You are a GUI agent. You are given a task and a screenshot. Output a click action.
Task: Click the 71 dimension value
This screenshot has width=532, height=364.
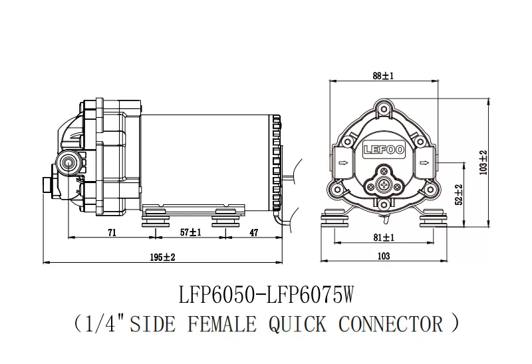point(112,232)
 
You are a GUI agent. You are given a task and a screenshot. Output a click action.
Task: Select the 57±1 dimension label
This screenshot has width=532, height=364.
point(190,232)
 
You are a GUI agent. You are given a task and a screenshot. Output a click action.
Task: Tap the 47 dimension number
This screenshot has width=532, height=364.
point(254,232)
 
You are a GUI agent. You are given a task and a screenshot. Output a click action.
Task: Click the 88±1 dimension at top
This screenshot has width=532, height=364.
point(384,77)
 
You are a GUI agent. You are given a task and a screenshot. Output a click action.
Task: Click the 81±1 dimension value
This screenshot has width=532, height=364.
point(384,237)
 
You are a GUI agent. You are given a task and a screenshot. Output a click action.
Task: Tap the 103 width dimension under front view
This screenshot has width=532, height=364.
point(383,256)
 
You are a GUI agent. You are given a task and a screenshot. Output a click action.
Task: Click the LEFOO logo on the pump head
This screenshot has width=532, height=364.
point(384,149)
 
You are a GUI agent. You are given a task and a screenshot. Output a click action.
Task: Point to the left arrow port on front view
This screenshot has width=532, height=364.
point(343,162)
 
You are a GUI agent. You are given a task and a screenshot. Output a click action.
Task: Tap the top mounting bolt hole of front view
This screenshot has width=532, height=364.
point(384,108)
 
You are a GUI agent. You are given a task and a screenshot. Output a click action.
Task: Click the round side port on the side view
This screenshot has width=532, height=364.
point(67,162)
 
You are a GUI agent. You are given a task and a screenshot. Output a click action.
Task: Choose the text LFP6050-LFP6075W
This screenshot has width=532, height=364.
point(265,295)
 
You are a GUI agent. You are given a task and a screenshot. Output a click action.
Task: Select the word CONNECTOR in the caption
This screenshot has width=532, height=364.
point(391,324)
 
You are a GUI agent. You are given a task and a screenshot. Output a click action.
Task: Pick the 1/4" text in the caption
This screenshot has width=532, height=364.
point(104,324)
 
